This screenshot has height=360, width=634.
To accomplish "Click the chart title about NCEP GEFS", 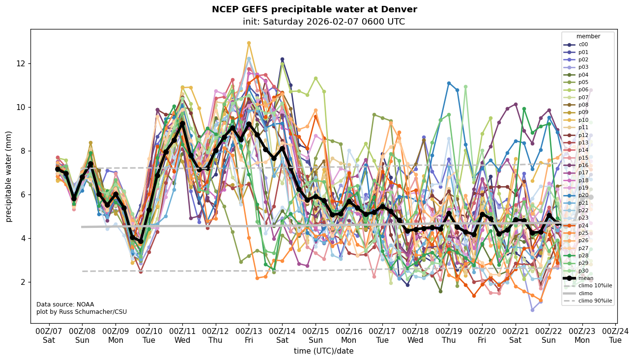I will pos(314,9).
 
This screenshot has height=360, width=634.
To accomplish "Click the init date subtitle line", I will pos(323,22).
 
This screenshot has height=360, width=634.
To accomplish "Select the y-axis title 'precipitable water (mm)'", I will pos(9,176).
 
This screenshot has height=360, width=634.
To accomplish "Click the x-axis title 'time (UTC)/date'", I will pos(323,351).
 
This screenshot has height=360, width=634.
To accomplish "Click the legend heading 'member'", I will pos(588,36).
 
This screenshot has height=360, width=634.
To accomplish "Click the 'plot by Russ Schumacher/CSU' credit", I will pos(81,312).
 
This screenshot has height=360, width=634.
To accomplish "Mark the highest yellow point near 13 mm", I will pos(249,43).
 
